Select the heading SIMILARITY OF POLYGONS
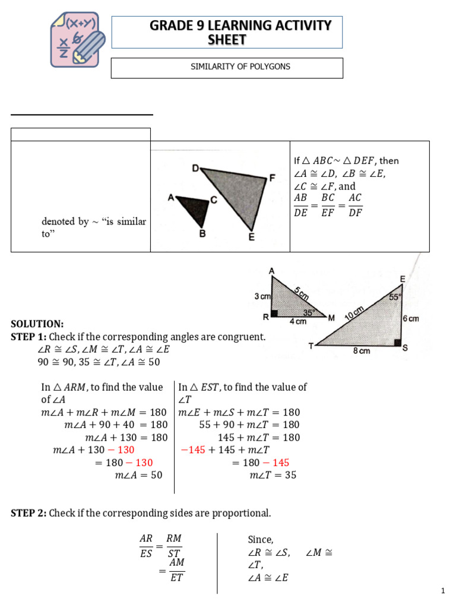pyautogui.click(x=227, y=66)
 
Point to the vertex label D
pyautogui.click(x=195, y=168)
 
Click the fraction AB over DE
pyautogui.click(x=301, y=205)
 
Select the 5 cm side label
pyautogui.click(x=301, y=293)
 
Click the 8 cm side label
pyautogui.click(x=362, y=351)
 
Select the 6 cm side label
pyautogui.click(x=411, y=318)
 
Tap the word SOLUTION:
pyautogui.click(x=37, y=324)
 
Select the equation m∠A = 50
pyautogui.click(x=138, y=475)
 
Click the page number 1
pyautogui.click(x=443, y=591)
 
